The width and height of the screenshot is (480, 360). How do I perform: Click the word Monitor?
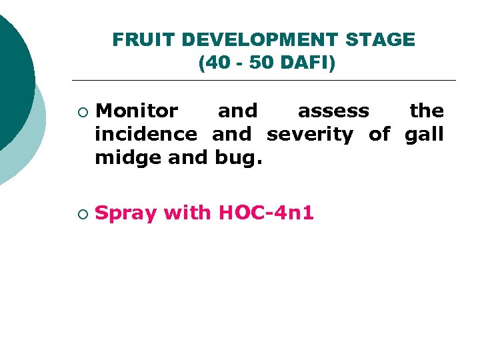(137, 111)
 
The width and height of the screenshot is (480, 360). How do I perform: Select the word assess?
(333, 111)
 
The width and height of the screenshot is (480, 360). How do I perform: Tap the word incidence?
(146, 135)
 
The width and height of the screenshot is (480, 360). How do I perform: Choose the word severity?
(310, 135)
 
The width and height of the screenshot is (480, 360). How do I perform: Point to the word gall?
(424, 135)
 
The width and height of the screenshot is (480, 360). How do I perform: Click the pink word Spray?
(126, 214)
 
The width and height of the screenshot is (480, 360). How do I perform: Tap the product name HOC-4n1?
(266, 213)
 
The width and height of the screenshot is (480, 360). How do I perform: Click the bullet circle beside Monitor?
(81, 111)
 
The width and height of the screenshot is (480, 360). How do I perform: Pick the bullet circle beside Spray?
(81, 214)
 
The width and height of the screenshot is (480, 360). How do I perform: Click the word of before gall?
(379, 135)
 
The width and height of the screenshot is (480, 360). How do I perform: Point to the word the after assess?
(427, 111)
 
